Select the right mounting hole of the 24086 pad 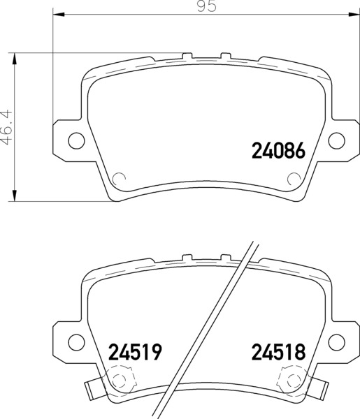point(336,140)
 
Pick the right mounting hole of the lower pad point(336,341)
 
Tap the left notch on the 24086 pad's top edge point(187,54)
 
